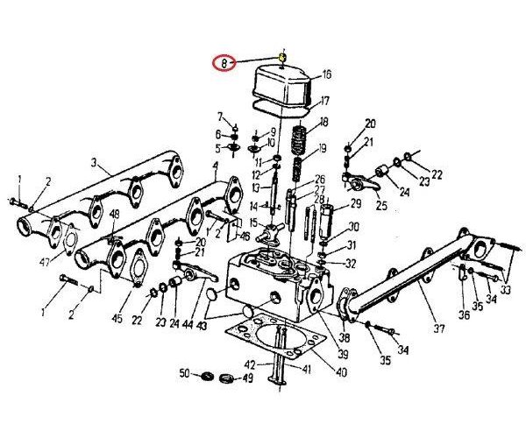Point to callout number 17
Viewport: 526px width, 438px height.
(325, 100)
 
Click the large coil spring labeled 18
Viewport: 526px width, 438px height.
(299, 138)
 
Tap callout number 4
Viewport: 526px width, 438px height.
(216, 166)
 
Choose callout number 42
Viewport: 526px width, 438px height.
(249, 364)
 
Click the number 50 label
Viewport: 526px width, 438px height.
(184, 374)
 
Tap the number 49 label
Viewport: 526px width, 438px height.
(248, 378)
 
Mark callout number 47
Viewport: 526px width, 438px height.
(42, 261)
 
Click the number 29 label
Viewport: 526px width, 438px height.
(356, 204)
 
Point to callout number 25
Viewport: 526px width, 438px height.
(382, 206)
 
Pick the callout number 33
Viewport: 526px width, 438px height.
(507, 289)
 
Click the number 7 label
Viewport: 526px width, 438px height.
(221, 116)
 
